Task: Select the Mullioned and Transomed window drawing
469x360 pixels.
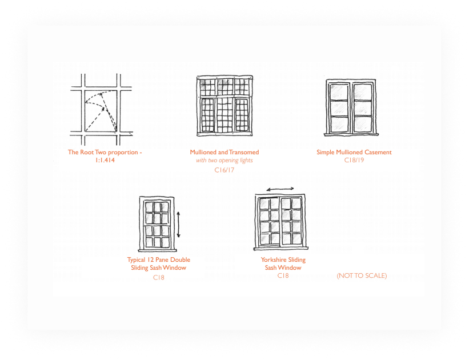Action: [225, 106]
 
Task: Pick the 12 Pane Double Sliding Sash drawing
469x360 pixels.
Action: [157, 224]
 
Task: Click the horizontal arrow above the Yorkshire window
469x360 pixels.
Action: [280, 189]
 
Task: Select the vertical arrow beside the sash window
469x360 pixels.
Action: [179, 225]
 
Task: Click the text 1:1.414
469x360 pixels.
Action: [105, 160]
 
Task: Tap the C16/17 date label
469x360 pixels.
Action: [225, 170]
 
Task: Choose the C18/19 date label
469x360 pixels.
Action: [354, 160]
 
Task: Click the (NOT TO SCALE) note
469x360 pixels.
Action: [362, 275]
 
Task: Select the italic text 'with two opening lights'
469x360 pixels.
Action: [225, 161]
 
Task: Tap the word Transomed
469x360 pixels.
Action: [244, 153]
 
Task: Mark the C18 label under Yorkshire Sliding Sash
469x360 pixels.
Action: [283, 275]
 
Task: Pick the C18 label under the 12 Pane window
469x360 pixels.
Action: [159, 278]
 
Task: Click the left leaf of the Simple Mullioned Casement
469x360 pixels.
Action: [339, 108]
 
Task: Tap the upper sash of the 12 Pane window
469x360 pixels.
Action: [157, 213]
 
